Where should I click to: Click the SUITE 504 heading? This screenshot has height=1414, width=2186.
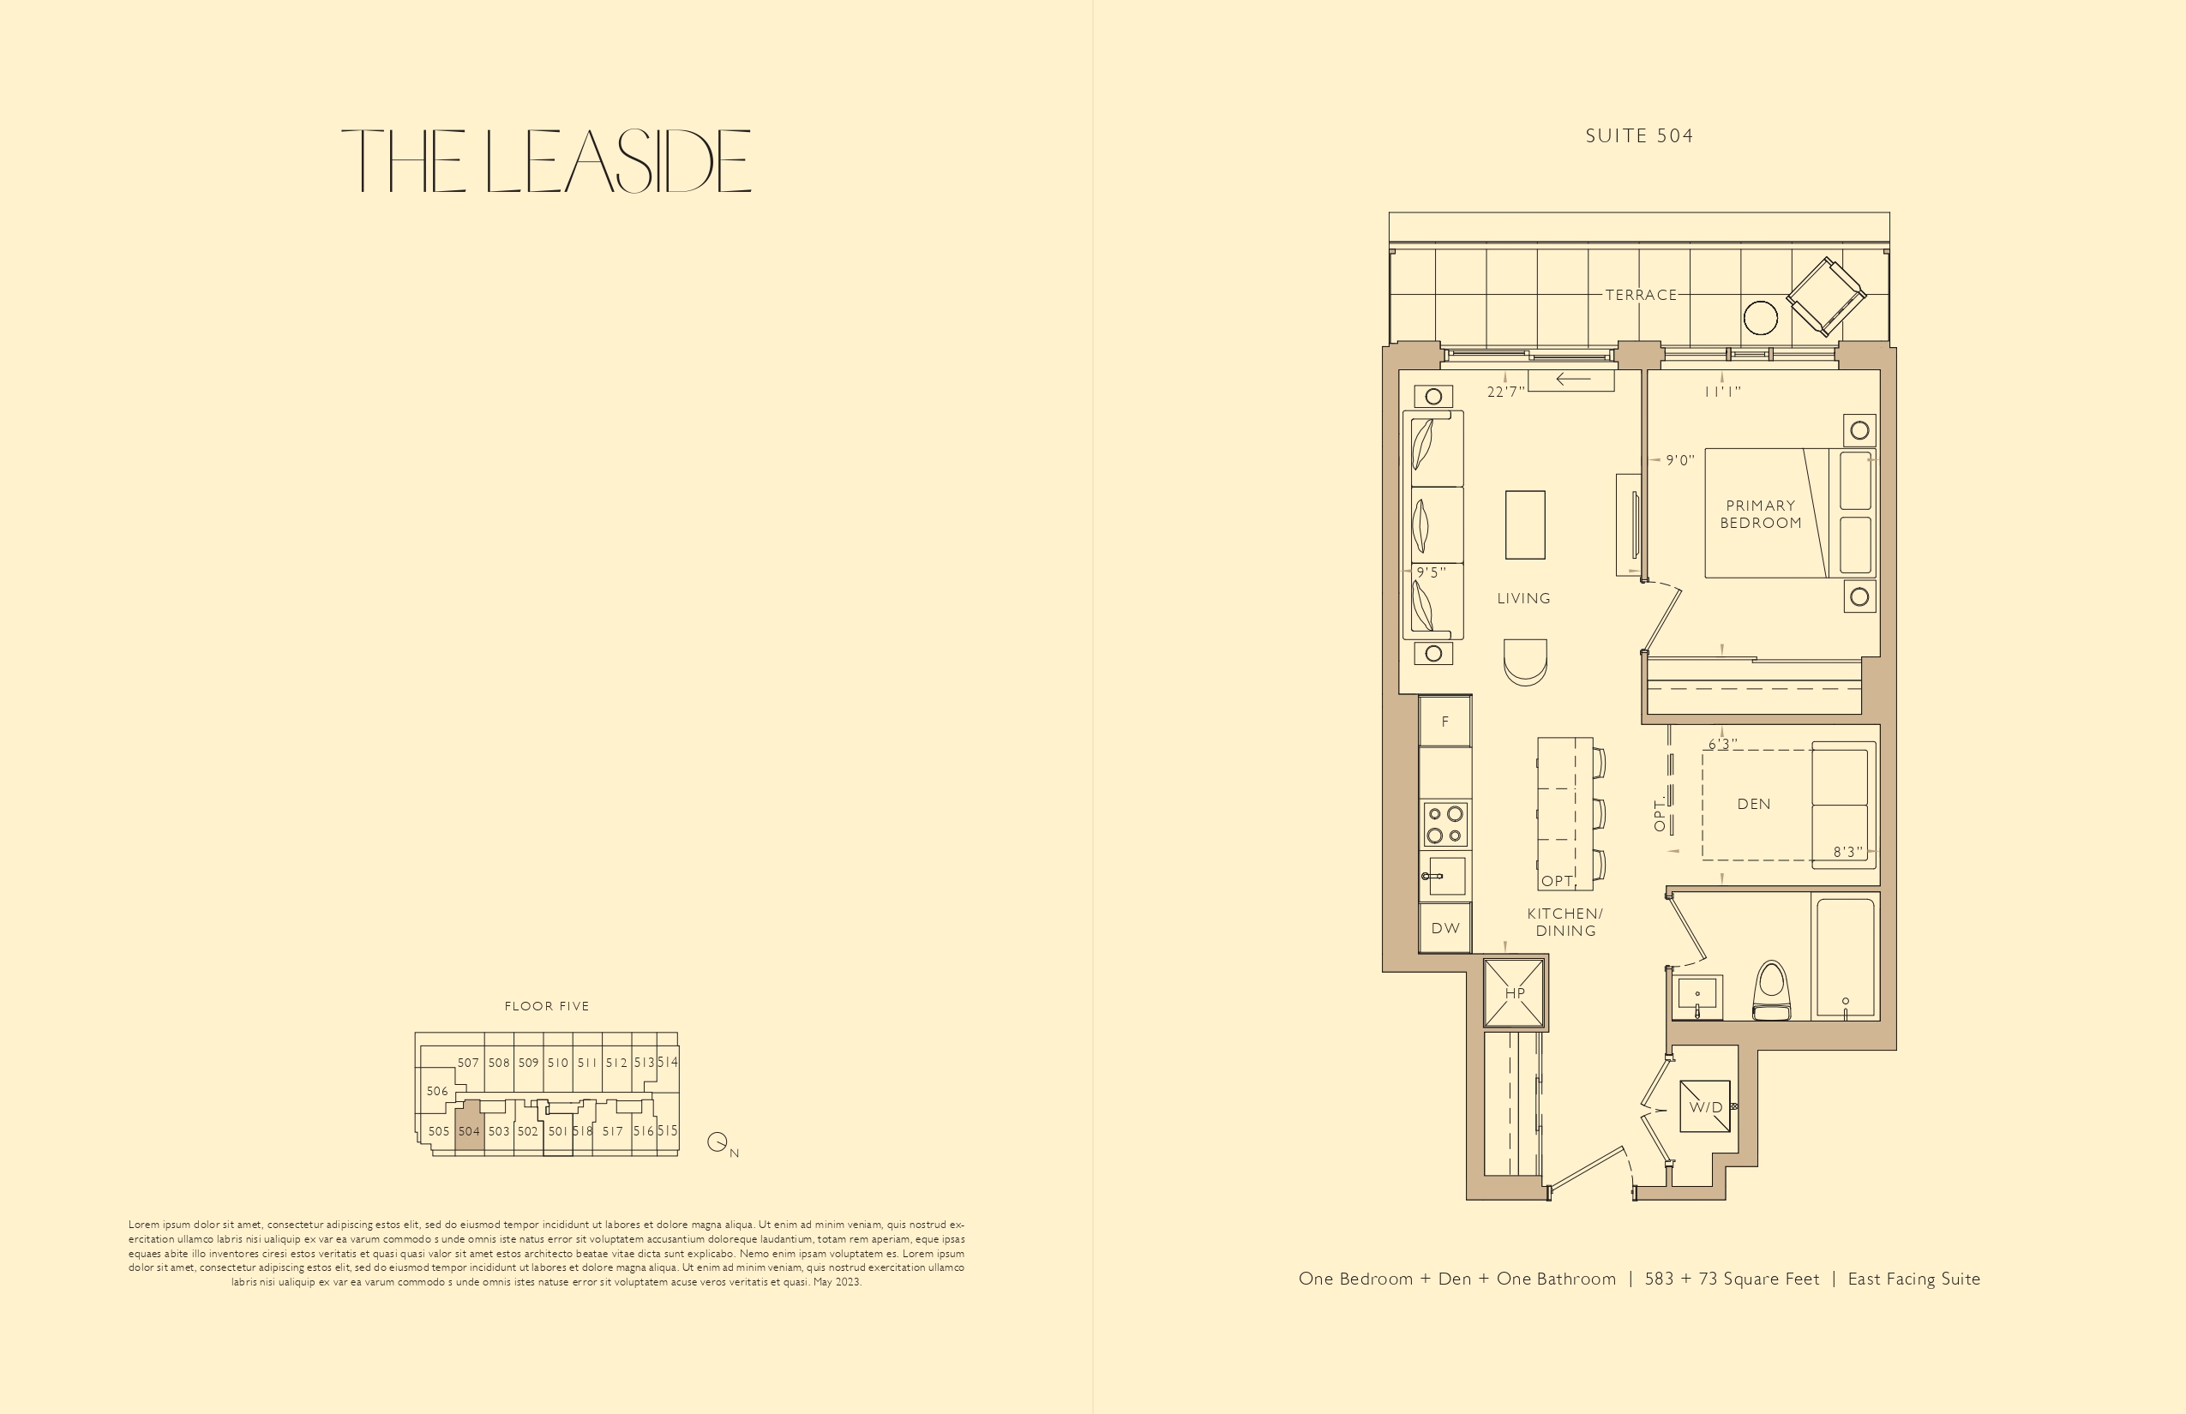[x=1639, y=136]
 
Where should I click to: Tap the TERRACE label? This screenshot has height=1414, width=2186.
[x=1642, y=295]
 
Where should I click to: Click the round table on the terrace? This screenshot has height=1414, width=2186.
[x=1760, y=319]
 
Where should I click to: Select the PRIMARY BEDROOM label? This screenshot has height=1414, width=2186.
[x=1761, y=514]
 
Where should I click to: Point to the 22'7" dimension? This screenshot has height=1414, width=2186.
[x=1505, y=392]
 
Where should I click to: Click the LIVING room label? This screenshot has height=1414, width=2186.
[x=1524, y=599]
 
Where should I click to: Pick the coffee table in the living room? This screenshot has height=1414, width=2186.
[x=1525, y=525]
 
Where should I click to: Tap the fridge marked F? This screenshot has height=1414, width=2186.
[x=1444, y=721]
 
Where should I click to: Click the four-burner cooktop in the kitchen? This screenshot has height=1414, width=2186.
[x=1444, y=824]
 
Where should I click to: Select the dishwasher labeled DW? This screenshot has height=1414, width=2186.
[x=1444, y=928]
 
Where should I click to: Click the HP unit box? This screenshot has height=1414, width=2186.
[x=1515, y=992]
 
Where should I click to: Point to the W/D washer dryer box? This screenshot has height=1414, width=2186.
[x=1706, y=1107]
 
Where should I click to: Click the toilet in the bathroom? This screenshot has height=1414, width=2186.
[x=1772, y=991]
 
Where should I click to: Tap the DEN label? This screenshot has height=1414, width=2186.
[x=1753, y=805]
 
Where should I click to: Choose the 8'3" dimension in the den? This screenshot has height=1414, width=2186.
[x=1848, y=852]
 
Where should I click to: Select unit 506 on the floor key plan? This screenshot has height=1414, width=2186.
[x=437, y=1091]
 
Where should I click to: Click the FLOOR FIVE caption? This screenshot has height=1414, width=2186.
[x=547, y=1006]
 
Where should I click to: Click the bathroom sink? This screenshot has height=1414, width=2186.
[x=1697, y=998]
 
